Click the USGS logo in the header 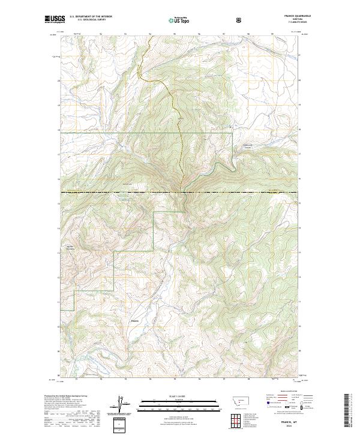[55, 20]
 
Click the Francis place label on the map [135, 319]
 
